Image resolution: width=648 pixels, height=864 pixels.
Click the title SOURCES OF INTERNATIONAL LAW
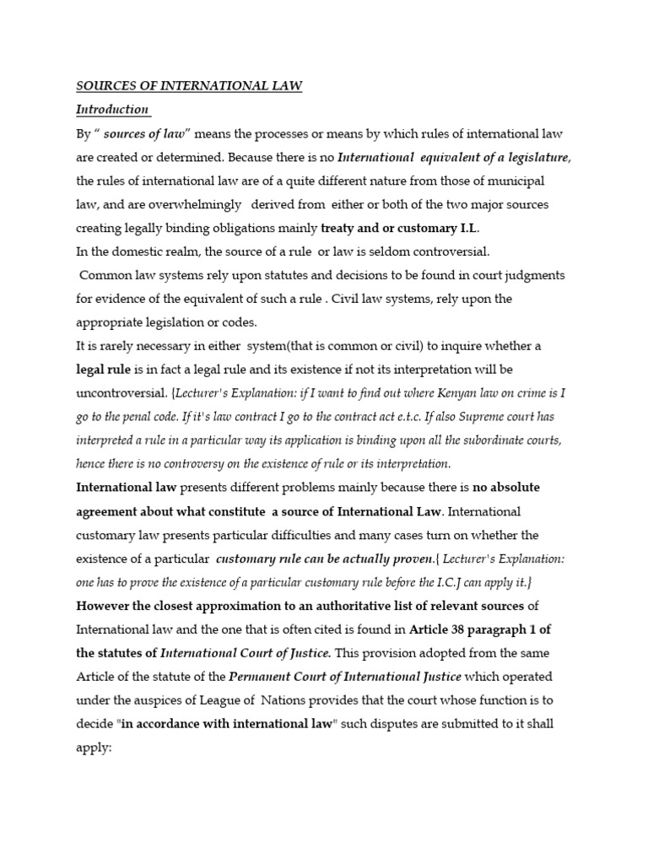[x=189, y=86]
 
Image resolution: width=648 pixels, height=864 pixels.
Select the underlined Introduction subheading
[x=113, y=110]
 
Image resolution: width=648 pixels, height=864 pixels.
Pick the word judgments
[x=532, y=275]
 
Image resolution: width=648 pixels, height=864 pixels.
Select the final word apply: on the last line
[x=94, y=748]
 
